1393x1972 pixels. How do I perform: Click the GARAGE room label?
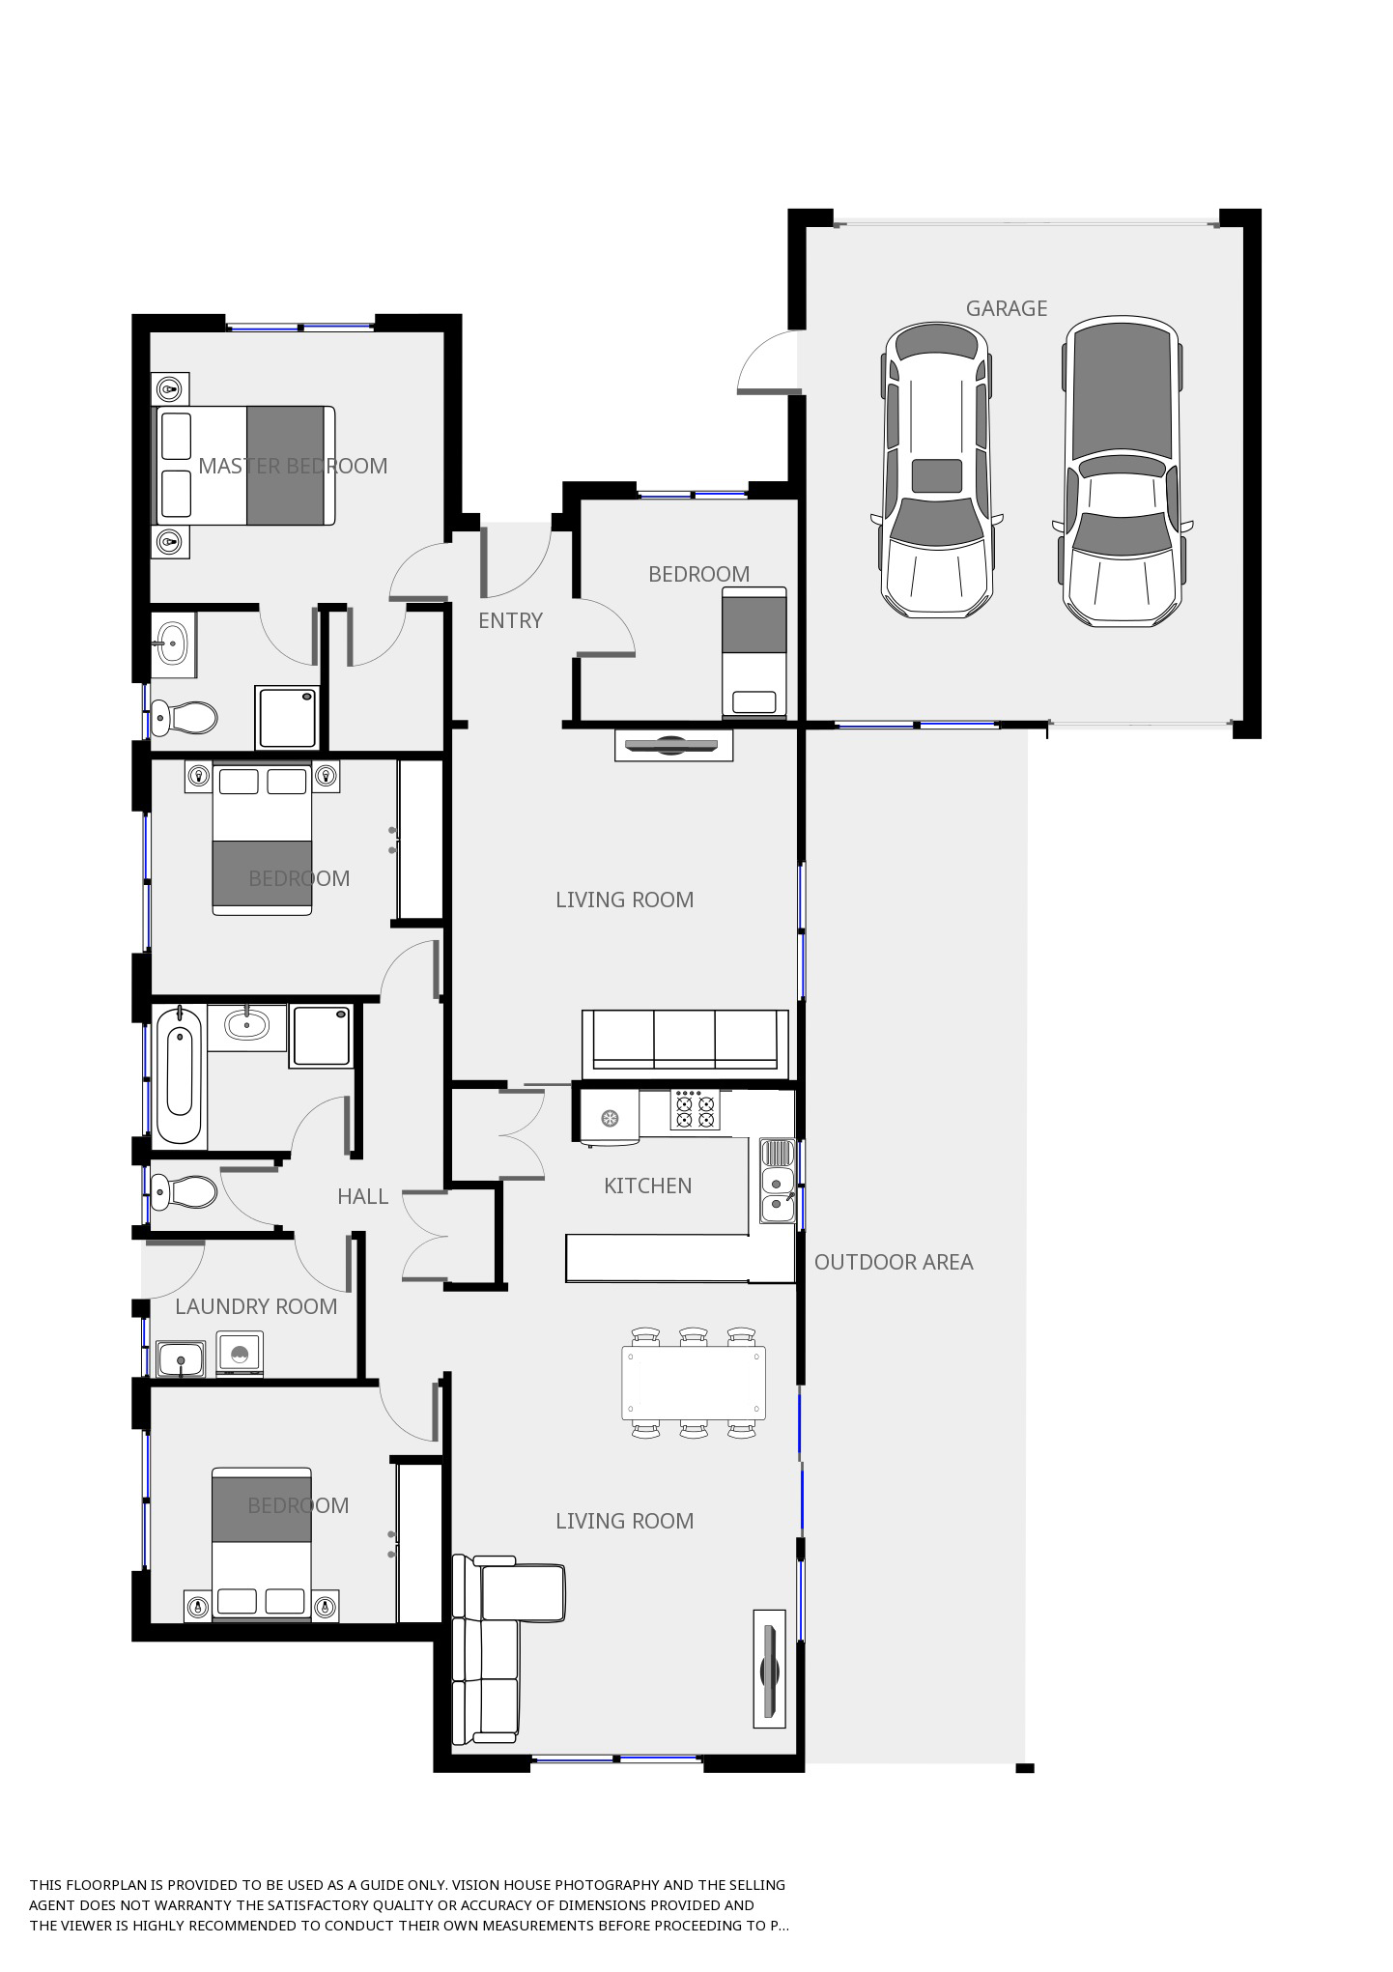1007,308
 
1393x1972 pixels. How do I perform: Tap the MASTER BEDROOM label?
293,466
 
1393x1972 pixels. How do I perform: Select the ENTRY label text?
510,620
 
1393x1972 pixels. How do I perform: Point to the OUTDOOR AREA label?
894,1262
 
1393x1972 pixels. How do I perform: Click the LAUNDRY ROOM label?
256,1306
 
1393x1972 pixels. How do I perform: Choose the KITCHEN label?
647,1186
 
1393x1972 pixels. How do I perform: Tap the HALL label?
362,1196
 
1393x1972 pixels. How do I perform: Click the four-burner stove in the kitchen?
696,1110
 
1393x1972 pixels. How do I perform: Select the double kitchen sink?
777,1181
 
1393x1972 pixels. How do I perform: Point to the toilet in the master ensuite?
184,718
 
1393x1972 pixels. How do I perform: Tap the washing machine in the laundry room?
240,1353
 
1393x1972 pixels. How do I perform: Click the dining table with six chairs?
694,1384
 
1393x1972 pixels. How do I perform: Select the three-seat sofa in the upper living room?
685,1043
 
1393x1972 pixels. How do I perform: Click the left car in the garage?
936,470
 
